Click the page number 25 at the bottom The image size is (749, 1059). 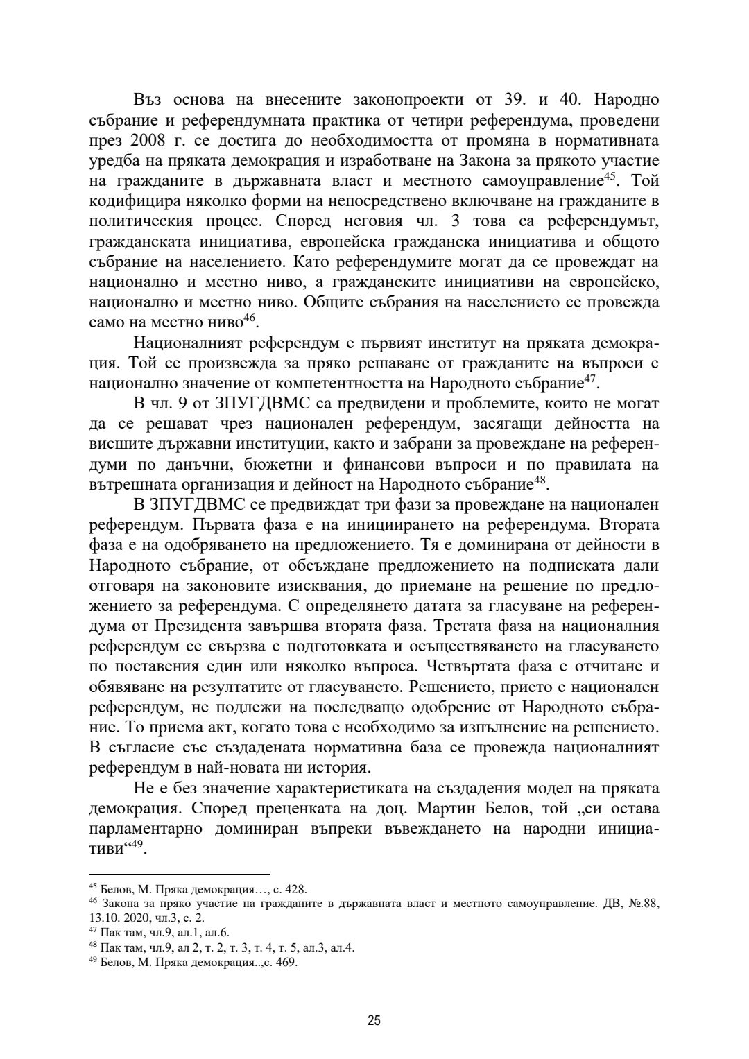point(374,1020)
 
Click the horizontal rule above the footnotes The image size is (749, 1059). point(180,875)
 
